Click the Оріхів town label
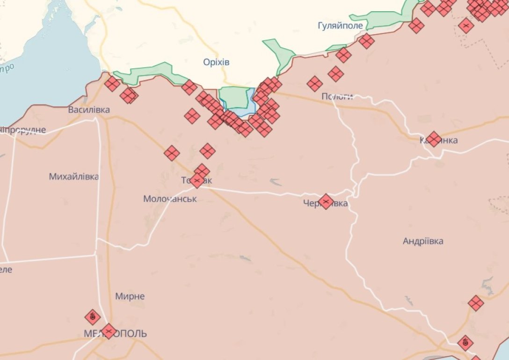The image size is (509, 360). (x=217, y=62)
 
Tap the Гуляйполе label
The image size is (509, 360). (x=340, y=26)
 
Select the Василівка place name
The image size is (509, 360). (x=89, y=110)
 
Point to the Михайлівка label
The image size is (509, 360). (x=74, y=176)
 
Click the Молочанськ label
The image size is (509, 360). (x=170, y=199)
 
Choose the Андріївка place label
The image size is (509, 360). (x=423, y=241)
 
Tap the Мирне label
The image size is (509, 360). (x=130, y=296)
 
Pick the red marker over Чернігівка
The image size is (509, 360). (x=326, y=202)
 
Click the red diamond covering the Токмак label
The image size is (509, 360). (x=197, y=180)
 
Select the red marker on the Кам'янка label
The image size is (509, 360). (x=434, y=139)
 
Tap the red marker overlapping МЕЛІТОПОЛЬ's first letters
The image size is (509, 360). (x=109, y=331)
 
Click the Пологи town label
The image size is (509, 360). (x=337, y=96)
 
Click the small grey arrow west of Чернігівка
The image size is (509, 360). (x=276, y=181)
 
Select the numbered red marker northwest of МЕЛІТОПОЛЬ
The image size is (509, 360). (x=93, y=317)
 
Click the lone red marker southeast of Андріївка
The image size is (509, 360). (x=476, y=303)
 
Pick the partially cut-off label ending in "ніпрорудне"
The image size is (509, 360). (x=23, y=130)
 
